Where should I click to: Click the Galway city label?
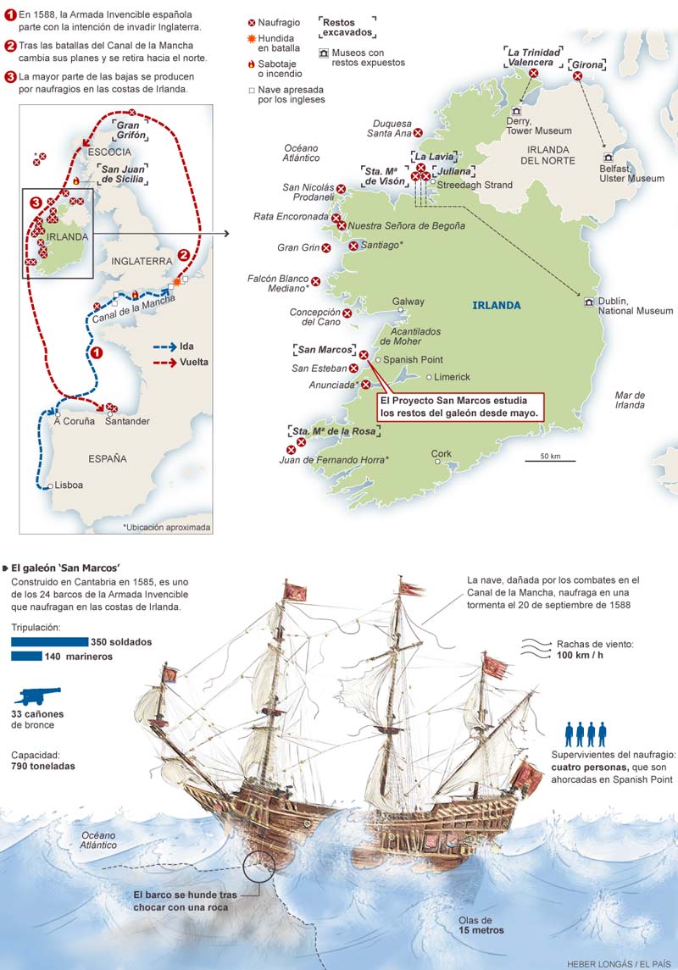point(409,301)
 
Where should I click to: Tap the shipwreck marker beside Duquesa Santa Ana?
point(418,132)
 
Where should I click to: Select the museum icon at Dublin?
point(588,302)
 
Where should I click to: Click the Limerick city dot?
point(430,377)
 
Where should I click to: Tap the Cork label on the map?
point(442,454)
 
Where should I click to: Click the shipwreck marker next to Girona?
point(578,76)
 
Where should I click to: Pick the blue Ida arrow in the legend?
point(164,346)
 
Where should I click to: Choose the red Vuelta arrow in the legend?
point(164,362)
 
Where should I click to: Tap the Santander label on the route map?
point(127,421)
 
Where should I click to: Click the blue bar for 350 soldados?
point(50,642)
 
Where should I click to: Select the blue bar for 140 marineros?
point(27,657)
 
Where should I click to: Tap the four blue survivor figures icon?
point(586,734)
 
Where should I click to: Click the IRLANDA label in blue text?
point(497,306)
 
